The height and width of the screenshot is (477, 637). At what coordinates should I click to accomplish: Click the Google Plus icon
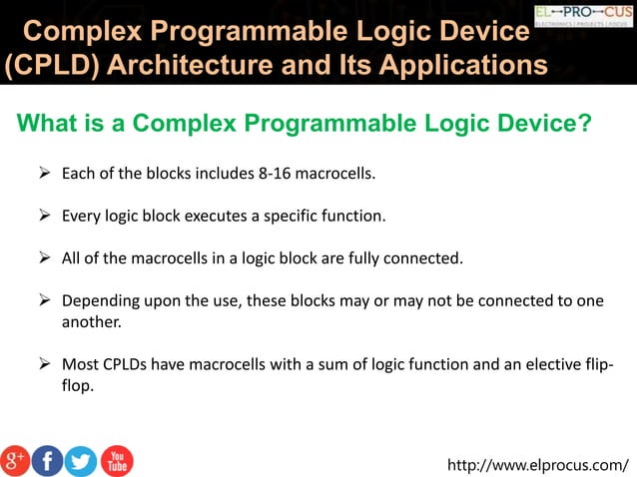15,460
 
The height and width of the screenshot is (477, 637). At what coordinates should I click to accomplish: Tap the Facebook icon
47,460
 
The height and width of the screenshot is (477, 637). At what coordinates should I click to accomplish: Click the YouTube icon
116,460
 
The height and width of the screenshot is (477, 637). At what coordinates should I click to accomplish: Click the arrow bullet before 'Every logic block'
45,216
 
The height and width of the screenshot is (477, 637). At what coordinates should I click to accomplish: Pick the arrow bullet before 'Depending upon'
45,300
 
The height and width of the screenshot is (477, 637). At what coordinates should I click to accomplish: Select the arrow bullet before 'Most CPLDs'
45,364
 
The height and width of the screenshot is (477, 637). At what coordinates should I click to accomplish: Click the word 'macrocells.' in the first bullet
339,174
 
